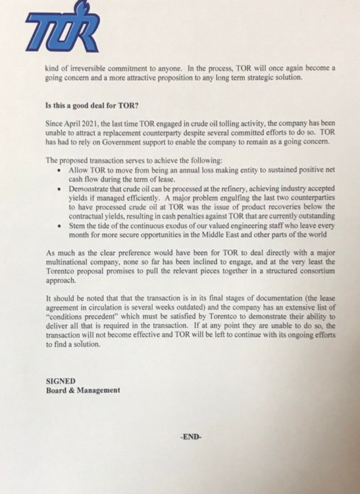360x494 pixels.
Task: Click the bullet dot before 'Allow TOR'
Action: [58, 171]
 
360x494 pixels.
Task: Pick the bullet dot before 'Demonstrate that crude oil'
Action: [58, 188]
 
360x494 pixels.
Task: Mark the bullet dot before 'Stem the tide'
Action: [58, 225]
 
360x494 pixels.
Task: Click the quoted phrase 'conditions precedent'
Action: [75, 316]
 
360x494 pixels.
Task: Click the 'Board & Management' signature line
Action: [83, 390]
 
